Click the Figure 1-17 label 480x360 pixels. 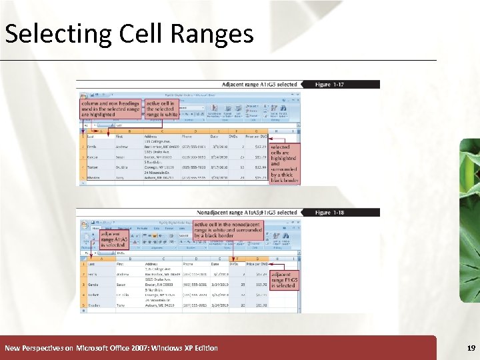[x=330, y=85]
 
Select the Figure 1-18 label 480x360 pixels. [x=330, y=213]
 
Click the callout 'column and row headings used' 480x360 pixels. [x=110, y=109]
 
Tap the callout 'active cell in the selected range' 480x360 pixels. [x=162, y=109]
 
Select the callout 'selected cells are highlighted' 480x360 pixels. [x=284, y=163]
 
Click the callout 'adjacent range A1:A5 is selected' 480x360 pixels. [x=112, y=239]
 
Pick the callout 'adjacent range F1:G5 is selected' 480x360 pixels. [x=285, y=280]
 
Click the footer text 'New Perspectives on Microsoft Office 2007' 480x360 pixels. [x=111, y=348]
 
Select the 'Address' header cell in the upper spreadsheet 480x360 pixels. [x=153, y=136]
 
